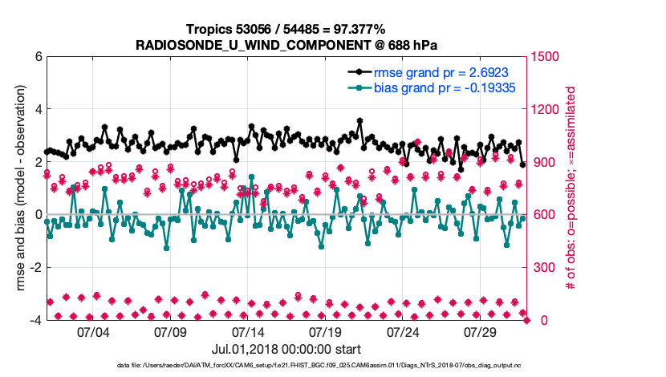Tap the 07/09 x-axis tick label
coord(170,331)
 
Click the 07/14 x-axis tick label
coord(248,331)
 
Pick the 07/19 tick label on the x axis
coord(326,331)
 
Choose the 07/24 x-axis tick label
coord(404,331)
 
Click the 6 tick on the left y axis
coord(37,57)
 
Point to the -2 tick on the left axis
coord(35,268)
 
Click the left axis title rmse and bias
coord(21,188)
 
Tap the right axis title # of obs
coord(572,188)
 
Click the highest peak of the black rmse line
coord(359,121)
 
